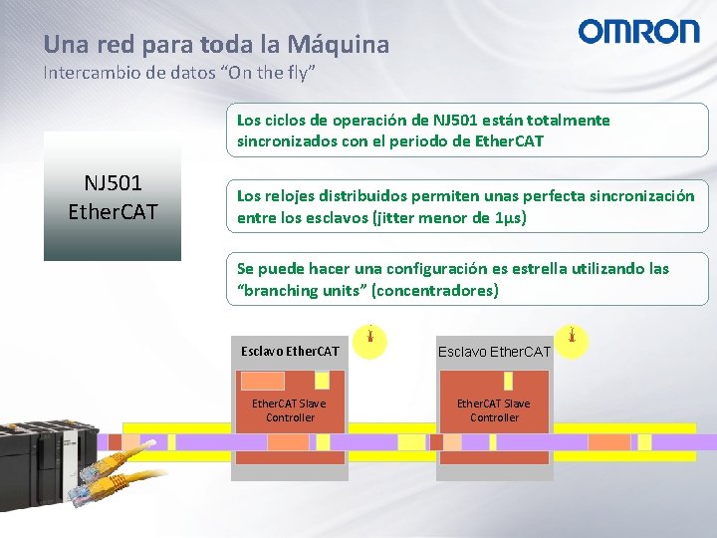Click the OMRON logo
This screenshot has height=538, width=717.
tap(639, 32)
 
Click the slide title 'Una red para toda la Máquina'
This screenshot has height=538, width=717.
tap(216, 45)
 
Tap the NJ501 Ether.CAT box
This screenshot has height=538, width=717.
tap(113, 197)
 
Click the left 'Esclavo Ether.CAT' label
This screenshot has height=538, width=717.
tap(290, 351)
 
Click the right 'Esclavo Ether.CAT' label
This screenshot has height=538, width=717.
tap(494, 351)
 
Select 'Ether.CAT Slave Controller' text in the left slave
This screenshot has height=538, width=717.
tap(289, 410)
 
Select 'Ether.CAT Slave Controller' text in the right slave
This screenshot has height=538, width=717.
tap(494, 410)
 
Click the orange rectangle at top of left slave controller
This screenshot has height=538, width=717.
tap(263, 381)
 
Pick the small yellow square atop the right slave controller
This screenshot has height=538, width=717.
tap(508, 381)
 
